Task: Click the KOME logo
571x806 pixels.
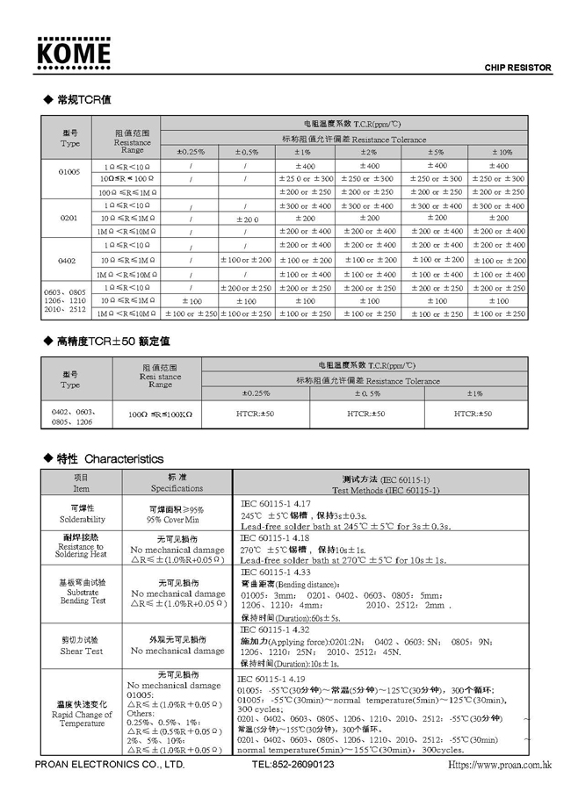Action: [x=74, y=54]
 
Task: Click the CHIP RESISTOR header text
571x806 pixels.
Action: [x=517, y=68]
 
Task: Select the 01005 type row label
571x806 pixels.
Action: [x=69, y=172]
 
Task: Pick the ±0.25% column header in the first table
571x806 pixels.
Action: [x=190, y=152]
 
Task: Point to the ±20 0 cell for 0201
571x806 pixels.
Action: [x=245, y=218]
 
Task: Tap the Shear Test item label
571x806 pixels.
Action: [x=82, y=651]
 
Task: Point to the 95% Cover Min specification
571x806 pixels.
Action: [x=177, y=519]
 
